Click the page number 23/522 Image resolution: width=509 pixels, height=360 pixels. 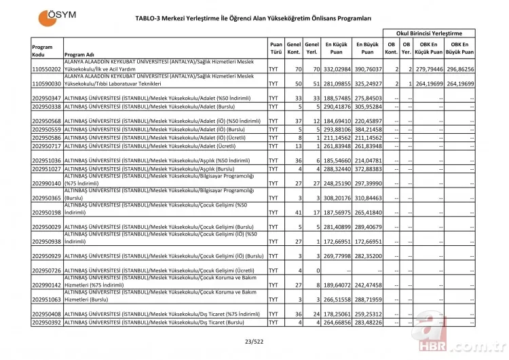[254, 342]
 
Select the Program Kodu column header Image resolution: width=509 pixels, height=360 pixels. [42, 51]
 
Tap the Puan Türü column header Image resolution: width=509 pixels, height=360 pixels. [276, 47]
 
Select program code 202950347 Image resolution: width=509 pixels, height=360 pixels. [47, 99]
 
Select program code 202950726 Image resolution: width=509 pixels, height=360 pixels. [47, 270]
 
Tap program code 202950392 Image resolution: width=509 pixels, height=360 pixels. [47, 322]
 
